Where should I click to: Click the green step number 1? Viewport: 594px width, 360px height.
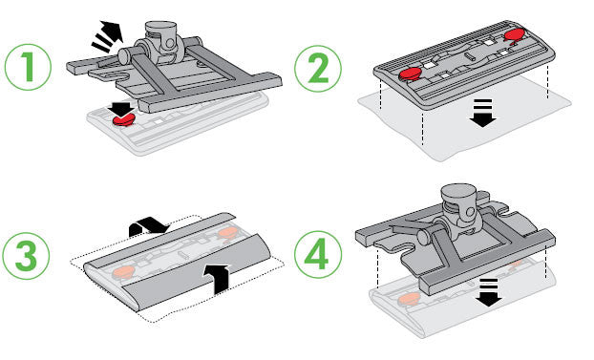28,67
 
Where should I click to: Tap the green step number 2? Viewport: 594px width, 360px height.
317,68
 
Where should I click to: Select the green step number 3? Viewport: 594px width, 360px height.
26,255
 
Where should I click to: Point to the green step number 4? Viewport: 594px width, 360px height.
317,254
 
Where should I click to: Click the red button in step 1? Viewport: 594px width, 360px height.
123,120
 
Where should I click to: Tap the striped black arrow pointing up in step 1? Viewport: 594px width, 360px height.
109,36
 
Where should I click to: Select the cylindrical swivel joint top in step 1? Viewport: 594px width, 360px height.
160,30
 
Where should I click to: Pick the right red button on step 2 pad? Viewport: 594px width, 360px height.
515,35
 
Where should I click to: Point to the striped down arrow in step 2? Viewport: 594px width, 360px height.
482,114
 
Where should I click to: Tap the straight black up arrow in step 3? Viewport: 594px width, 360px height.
217,279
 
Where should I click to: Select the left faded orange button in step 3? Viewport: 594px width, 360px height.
123,271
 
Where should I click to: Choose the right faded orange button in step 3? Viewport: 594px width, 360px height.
227,232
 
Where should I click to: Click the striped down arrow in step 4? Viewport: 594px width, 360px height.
489,292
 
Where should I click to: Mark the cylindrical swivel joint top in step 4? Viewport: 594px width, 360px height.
458,194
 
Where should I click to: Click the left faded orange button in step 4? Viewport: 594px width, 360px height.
409,299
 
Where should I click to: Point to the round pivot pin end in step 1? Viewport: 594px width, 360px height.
125,57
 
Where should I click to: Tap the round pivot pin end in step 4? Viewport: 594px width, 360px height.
424,238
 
